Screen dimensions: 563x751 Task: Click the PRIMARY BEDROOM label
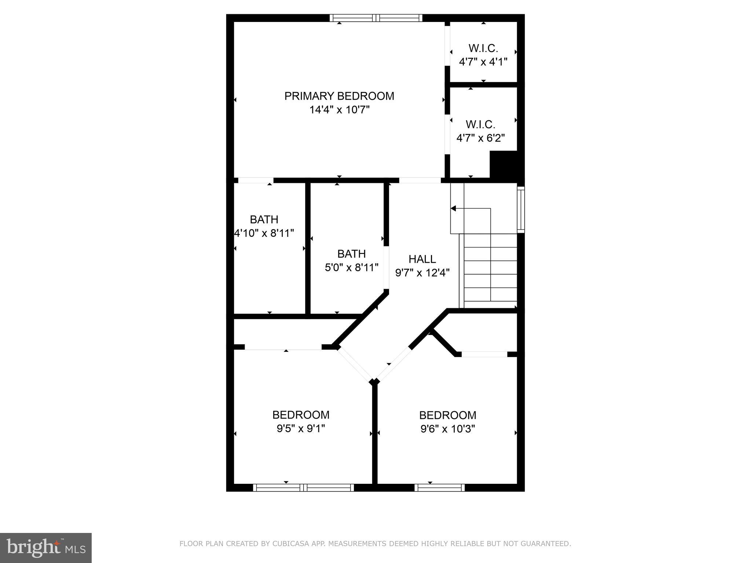click(x=339, y=96)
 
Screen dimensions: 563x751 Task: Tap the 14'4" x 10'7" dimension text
click(x=339, y=110)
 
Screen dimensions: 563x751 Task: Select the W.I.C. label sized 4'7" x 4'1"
click(x=483, y=48)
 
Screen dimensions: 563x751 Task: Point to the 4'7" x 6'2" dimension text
click(x=480, y=138)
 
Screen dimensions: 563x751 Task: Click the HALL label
click(x=422, y=259)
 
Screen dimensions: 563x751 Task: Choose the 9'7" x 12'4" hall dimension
click(x=422, y=273)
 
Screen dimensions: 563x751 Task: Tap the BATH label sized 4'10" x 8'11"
click(x=264, y=220)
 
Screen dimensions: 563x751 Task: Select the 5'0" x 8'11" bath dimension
click(x=351, y=268)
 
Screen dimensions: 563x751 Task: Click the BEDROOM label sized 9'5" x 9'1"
click(x=301, y=415)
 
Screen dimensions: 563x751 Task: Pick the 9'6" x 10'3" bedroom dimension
click(x=447, y=429)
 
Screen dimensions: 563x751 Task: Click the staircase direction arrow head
click(x=453, y=209)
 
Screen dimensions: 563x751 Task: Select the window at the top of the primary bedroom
click(x=376, y=18)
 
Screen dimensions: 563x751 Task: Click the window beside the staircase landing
click(x=521, y=210)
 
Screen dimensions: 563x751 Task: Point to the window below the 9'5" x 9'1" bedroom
click(x=303, y=487)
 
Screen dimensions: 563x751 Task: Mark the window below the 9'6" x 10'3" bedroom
click(x=439, y=487)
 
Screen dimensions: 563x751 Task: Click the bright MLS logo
click(x=46, y=548)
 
